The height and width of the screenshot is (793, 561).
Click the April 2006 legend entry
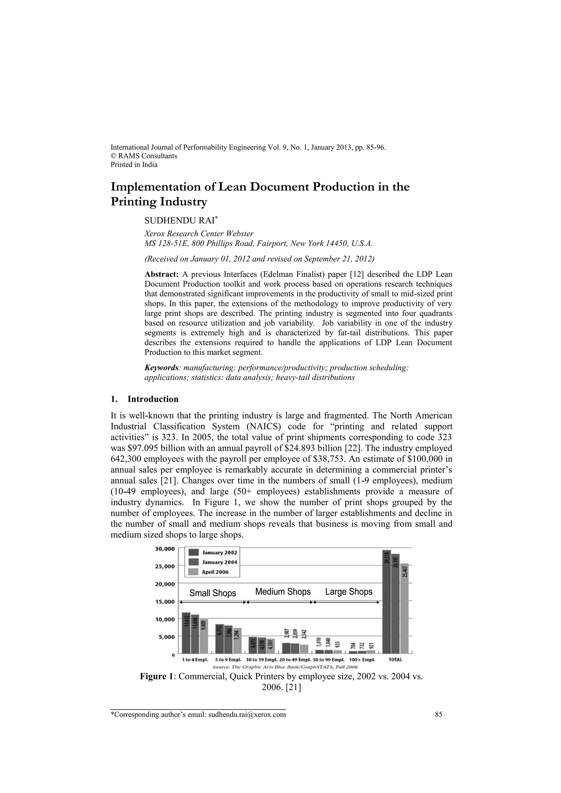(x=214, y=572)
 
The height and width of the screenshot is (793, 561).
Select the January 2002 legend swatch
(x=193, y=552)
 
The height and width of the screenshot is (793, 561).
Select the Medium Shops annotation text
(x=283, y=592)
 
